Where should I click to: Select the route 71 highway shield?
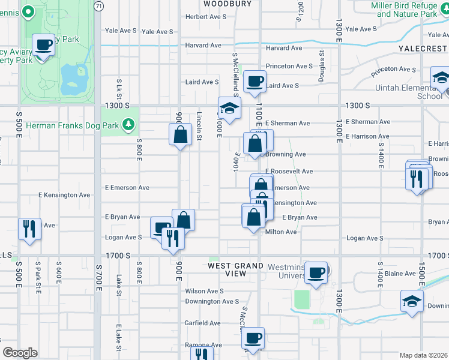pyautogui.click(x=98, y=4)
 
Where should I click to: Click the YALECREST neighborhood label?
pyautogui.click(x=423, y=47)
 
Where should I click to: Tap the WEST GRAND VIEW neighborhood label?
pyautogui.click(x=236, y=269)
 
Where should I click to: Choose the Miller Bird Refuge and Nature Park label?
pyautogui.click(x=403, y=10)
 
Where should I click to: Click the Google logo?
pyautogui.click(x=20, y=353)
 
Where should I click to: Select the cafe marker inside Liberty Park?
pyautogui.click(x=44, y=46)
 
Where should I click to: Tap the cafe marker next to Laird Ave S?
pyautogui.click(x=255, y=81)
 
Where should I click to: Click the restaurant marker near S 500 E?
pyautogui.click(x=29, y=229)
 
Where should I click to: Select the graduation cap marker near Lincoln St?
pyautogui.click(x=229, y=109)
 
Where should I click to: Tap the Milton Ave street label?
pyautogui.click(x=282, y=232)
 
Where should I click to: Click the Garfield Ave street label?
pyautogui.click(x=202, y=323)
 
